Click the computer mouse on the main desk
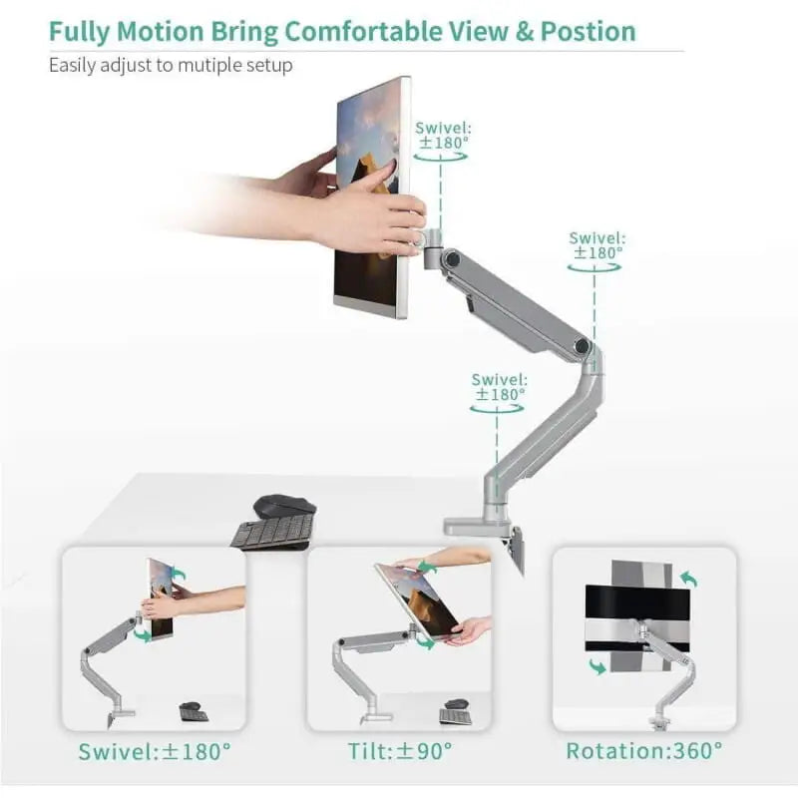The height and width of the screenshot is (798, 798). point(284,506)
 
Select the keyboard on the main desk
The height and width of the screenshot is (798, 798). point(272,531)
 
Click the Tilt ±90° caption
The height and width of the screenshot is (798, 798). point(398,750)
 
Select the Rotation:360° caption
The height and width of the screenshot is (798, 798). point(644,750)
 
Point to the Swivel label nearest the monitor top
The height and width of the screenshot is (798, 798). point(445,135)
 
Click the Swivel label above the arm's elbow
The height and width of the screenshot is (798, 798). point(598,245)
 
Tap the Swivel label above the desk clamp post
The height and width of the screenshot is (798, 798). point(499,386)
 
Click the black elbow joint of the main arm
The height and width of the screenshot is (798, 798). point(581,346)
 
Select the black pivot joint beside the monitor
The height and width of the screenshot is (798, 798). point(451,258)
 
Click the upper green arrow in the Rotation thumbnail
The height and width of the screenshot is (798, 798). point(687,579)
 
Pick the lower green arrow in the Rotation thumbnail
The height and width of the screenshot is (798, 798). point(598,665)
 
